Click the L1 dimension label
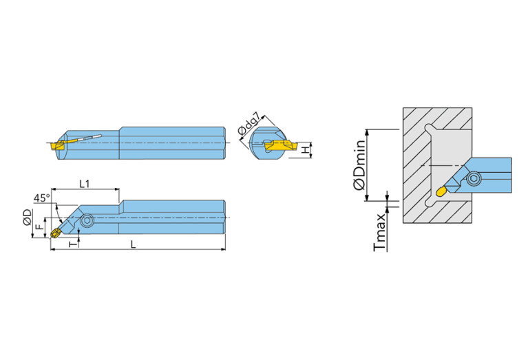click(x=85, y=183)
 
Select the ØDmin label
click(x=359, y=166)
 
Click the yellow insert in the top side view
click(x=57, y=145)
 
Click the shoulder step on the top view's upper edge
click(x=121, y=129)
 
